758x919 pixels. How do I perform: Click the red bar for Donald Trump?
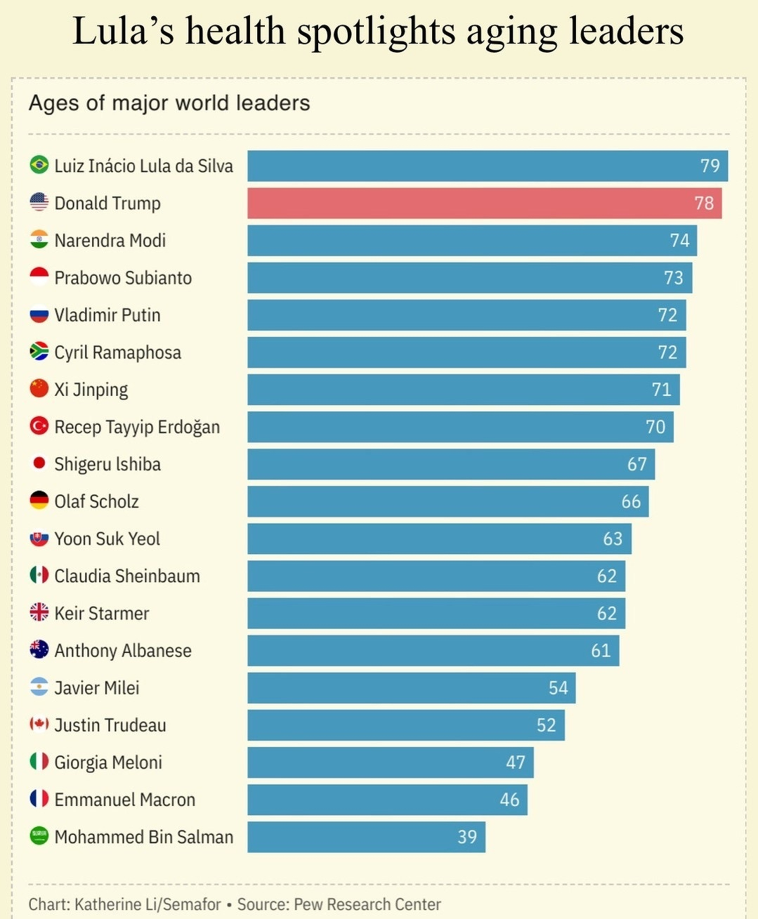pyautogui.click(x=484, y=203)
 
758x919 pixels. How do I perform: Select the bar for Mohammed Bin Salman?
pyautogui.click(x=366, y=837)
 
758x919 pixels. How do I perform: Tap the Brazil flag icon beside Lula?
pyautogui.click(x=39, y=165)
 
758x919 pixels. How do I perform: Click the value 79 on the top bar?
pyautogui.click(x=710, y=166)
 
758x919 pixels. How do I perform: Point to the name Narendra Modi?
pyautogui.click(x=110, y=240)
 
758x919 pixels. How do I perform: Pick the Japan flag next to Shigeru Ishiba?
pyautogui.click(x=39, y=463)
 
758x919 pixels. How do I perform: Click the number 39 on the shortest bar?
pyautogui.click(x=467, y=837)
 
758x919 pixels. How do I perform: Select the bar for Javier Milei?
pyautogui.click(x=411, y=688)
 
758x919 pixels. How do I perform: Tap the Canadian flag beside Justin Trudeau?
pyautogui.click(x=39, y=724)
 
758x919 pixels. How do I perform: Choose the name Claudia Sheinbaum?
pyautogui.click(x=127, y=576)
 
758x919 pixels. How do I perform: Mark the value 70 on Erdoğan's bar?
pyautogui.click(x=655, y=427)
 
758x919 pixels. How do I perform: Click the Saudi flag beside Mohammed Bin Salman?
pyautogui.click(x=39, y=836)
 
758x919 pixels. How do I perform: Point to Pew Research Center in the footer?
pyautogui.click(x=367, y=904)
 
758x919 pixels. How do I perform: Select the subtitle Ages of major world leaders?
pyautogui.click(x=169, y=103)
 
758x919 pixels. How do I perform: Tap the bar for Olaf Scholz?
pyautogui.click(x=447, y=501)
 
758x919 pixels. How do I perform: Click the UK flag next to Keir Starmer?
pyautogui.click(x=39, y=612)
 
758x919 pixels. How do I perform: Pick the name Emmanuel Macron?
pyautogui.click(x=125, y=800)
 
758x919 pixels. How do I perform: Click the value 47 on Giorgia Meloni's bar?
pyautogui.click(x=516, y=762)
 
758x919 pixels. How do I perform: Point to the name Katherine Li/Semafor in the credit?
pyautogui.click(x=148, y=904)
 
